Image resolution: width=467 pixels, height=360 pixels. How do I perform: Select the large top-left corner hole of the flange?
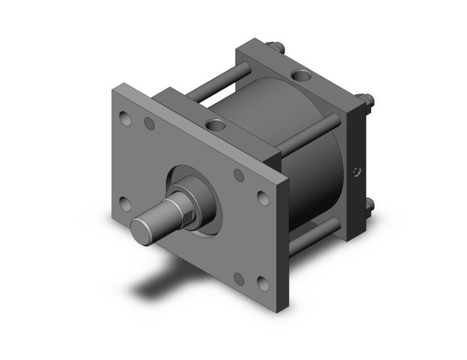click(x=126, y=118)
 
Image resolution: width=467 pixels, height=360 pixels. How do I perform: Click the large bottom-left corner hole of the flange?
click(x=125, y=204)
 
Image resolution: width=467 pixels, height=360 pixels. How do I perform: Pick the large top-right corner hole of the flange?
click(x=263, y=197)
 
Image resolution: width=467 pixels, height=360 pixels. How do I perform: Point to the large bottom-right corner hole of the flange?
click(x=262, y=283)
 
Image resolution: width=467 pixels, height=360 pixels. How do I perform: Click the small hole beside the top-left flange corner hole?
click(x=150, y=124)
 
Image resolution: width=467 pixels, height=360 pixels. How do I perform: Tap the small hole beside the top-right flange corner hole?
click(x=239, y=176)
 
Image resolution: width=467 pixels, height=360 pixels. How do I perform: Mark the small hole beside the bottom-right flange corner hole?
click(x=239, y=278)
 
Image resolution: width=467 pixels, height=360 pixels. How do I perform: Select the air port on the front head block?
click(x=213, y=125)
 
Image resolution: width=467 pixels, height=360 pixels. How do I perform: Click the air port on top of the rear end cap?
click(x=299, y=76)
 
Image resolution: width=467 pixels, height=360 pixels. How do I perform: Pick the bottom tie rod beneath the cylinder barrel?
click(x=315, y=235)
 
